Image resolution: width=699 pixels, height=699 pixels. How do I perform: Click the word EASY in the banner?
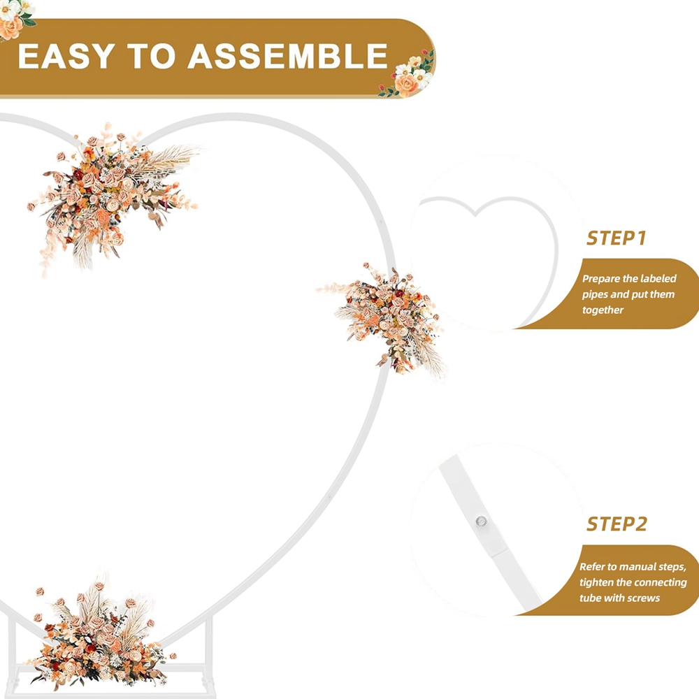click(66, 56)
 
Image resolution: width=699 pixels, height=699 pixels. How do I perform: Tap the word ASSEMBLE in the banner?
click(287, 56)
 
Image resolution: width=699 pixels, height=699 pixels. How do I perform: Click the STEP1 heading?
click(616, 238)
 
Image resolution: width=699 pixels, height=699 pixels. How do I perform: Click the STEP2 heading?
click(617, 524)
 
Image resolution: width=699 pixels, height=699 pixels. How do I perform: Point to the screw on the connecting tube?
click(481, 521)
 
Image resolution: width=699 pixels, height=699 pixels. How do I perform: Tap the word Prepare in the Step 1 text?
click(600, 279)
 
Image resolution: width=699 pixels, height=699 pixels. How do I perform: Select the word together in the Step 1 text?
click(603, 310)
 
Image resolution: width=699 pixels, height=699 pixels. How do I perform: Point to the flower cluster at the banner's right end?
click(408, 73)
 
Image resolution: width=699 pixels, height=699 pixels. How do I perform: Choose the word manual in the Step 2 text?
click(637, 567)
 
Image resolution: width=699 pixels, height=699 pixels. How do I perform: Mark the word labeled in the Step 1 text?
click(658, 279)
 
